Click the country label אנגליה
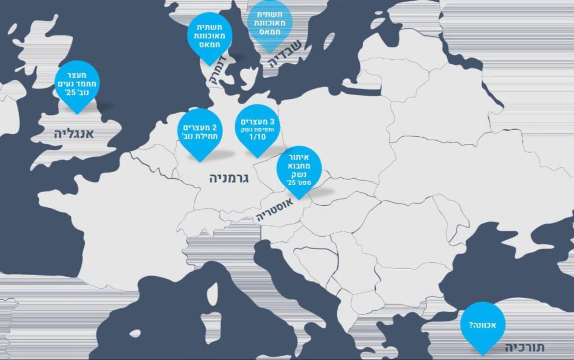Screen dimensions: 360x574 click(x=74, y=134)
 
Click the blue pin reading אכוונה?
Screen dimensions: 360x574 click(x=483, y=325)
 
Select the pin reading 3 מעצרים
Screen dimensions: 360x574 click(x=257, y=128)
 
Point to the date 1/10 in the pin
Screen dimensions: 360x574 click(x=257, y=137)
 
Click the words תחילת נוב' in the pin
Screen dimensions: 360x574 click(x=200, y=136)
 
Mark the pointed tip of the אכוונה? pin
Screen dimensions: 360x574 click(x=483, y=354)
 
